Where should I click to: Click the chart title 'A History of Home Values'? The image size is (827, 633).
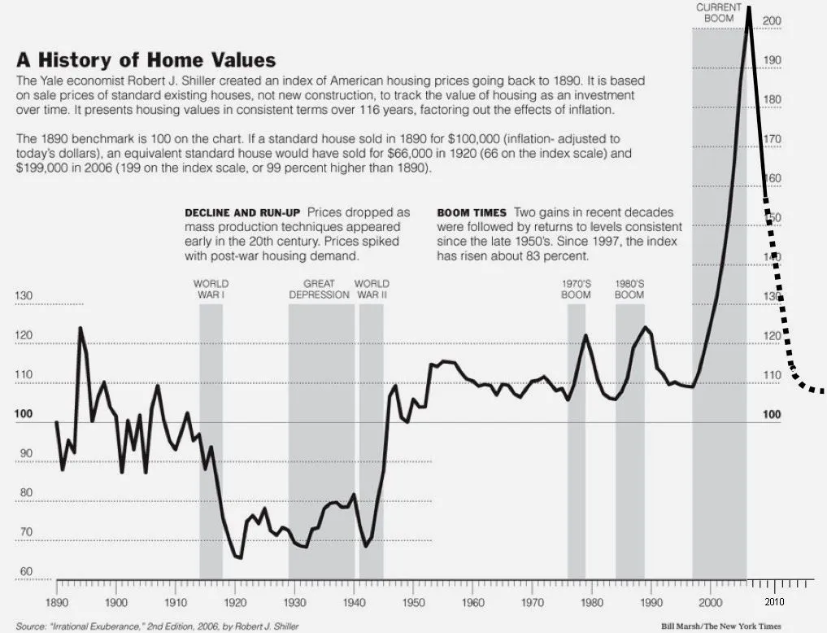pyautogui.click(x=146, y=60)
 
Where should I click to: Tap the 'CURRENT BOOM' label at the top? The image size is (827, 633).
pyautogui.click(x=718, y=12)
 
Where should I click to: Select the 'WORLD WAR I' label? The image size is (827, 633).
pyautogui.click(x=211, y=289)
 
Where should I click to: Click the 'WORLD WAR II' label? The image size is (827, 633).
pyautogui.click(x=371, y=289)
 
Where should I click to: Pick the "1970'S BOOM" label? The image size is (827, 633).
pyautogui.click(x=576, y=289)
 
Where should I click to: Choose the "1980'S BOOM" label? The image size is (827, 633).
pyautogui.click(x=629, y=289)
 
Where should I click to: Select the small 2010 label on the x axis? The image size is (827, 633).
pyautogui.click(x=773, y=601)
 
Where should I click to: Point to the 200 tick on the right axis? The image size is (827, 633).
pyautogui.click(x=772, y=21)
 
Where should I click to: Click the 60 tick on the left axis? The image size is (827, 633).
pyautogui.click(x=25, y=572)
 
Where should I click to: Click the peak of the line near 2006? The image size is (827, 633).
pyautogui.click(x=748, y=8)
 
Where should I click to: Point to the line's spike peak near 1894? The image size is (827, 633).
pyautogui.click(x=80, y=328)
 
